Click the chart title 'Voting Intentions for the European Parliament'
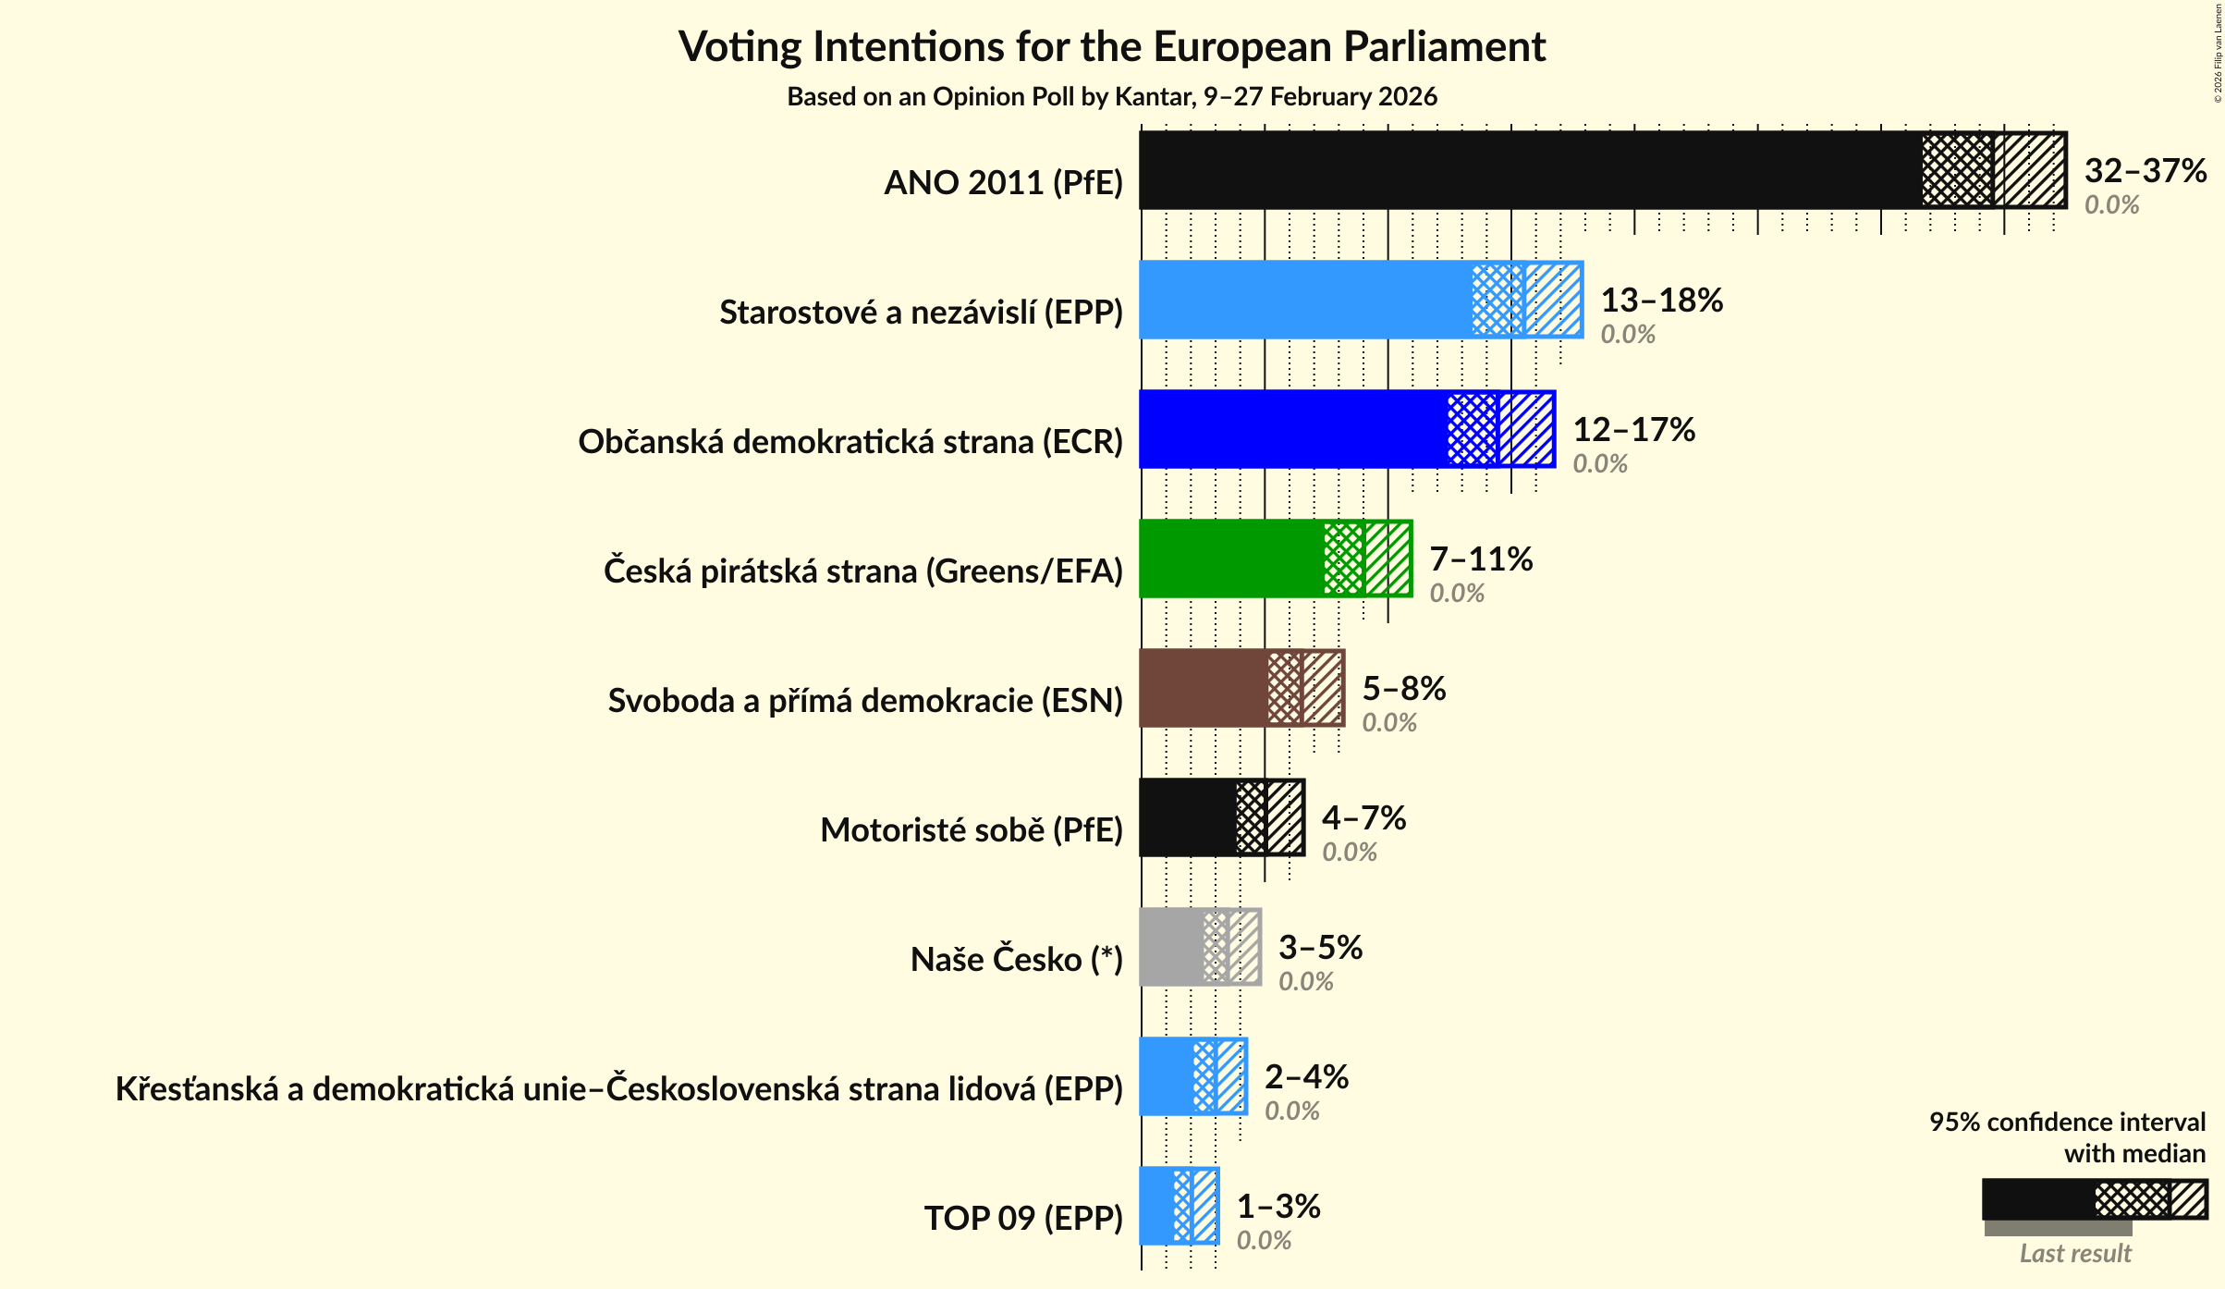(x=1112, y=46)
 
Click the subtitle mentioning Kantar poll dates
(x=1112, y=96)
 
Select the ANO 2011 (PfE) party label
(x=1003, y=182)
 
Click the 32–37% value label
(x=2145, y=170)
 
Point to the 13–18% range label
(x=1661, y=300)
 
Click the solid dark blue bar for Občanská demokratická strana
(x=1292, y=429)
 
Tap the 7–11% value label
(x=1481, y=559)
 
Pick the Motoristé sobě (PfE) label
(x=971, y=829)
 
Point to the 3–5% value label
(x=1320, y=947)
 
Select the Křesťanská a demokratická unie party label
(x=618, y=1088)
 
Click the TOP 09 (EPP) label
(x=1023, y=1218)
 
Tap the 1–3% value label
(x=1278, y=1206)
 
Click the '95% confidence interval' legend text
(x=2066, y=1122)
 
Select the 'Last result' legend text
(x=2074, y=1253)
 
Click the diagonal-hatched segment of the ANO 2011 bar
(x=2030, y=170)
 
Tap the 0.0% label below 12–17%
(x=1599, y=463)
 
